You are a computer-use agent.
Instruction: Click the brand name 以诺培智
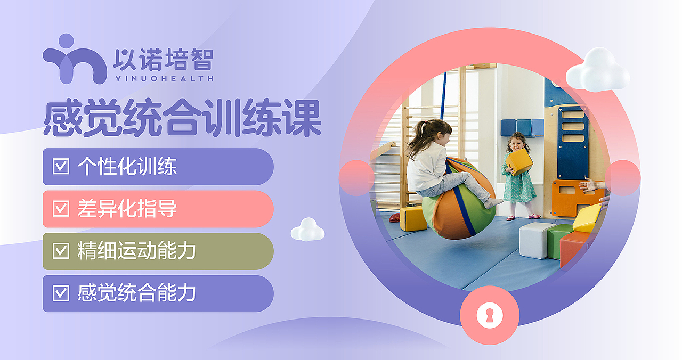(x=163, y=60)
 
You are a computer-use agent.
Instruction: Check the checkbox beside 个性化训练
(x=61, y=167)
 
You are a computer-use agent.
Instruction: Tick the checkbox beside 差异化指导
(x=61, y=209)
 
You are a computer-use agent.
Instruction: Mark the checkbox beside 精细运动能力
(x=61, y=251)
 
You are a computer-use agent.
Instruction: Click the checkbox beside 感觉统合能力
(x=61, y=293)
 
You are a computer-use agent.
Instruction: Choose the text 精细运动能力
(x=136, y=251)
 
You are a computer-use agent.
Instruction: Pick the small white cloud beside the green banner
(x=307, y=230)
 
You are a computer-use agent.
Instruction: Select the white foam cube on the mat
(x=535, y=240)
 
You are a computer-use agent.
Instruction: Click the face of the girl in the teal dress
(x=516, y=143)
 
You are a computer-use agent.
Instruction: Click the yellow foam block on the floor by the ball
(x=413, y=219)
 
